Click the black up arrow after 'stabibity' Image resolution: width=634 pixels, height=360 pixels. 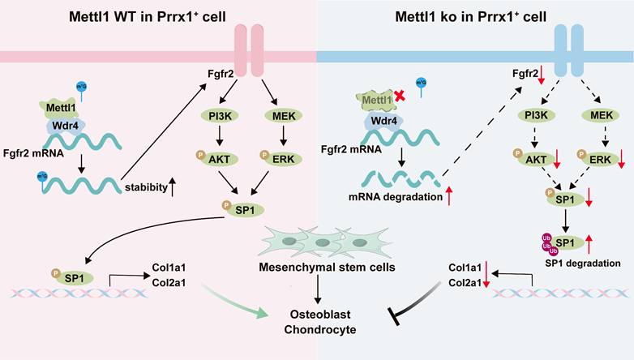(x=172, y=187)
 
